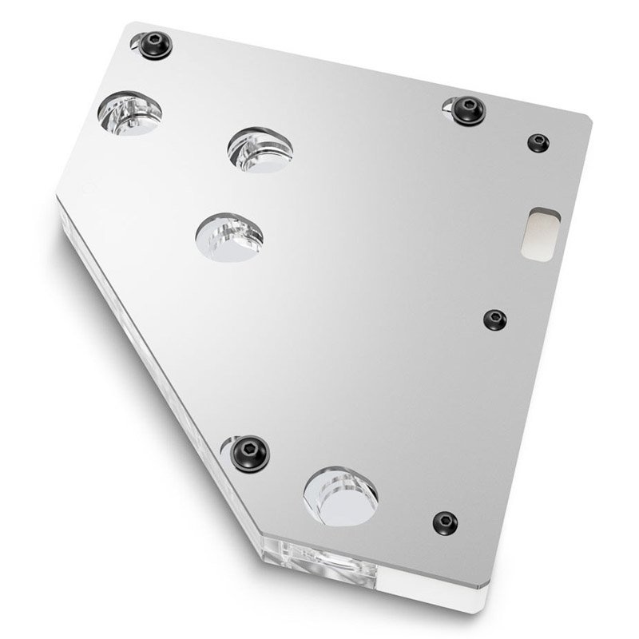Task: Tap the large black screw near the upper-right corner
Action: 465,110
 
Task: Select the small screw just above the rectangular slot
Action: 538,143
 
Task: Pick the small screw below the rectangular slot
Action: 496,319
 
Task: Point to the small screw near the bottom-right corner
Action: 446,522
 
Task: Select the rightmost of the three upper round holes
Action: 259,149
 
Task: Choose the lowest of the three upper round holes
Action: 228,237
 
